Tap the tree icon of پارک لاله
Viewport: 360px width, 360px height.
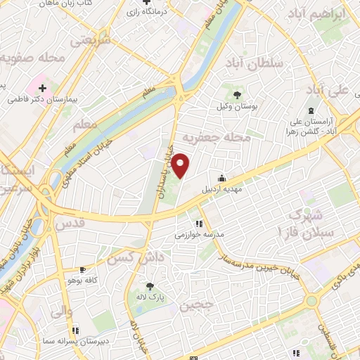(150, 285)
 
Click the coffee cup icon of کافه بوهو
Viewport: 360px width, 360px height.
(83, 269)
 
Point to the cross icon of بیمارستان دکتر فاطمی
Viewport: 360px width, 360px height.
(43, 89)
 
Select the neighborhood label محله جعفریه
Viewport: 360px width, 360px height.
(216, 138)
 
